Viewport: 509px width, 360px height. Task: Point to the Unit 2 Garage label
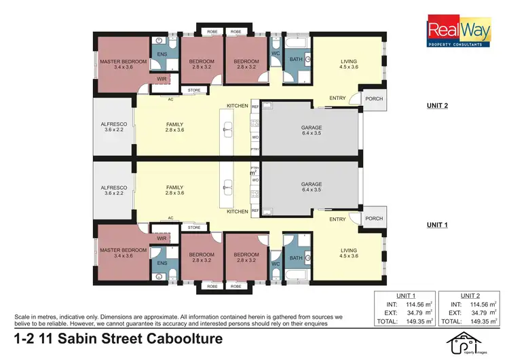[312, 131]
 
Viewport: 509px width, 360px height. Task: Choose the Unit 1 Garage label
[312, 187]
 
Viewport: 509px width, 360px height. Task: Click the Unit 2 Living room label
[348, 65]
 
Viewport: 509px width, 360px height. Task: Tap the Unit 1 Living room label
[348, 254]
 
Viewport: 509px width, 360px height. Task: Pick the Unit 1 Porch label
[374, 219]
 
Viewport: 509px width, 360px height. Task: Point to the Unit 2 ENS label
[162, 54]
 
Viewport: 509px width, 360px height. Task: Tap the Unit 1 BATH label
[295, 259]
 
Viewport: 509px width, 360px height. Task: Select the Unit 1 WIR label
[162, 238]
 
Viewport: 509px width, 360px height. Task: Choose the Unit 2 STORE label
[194, 90]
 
